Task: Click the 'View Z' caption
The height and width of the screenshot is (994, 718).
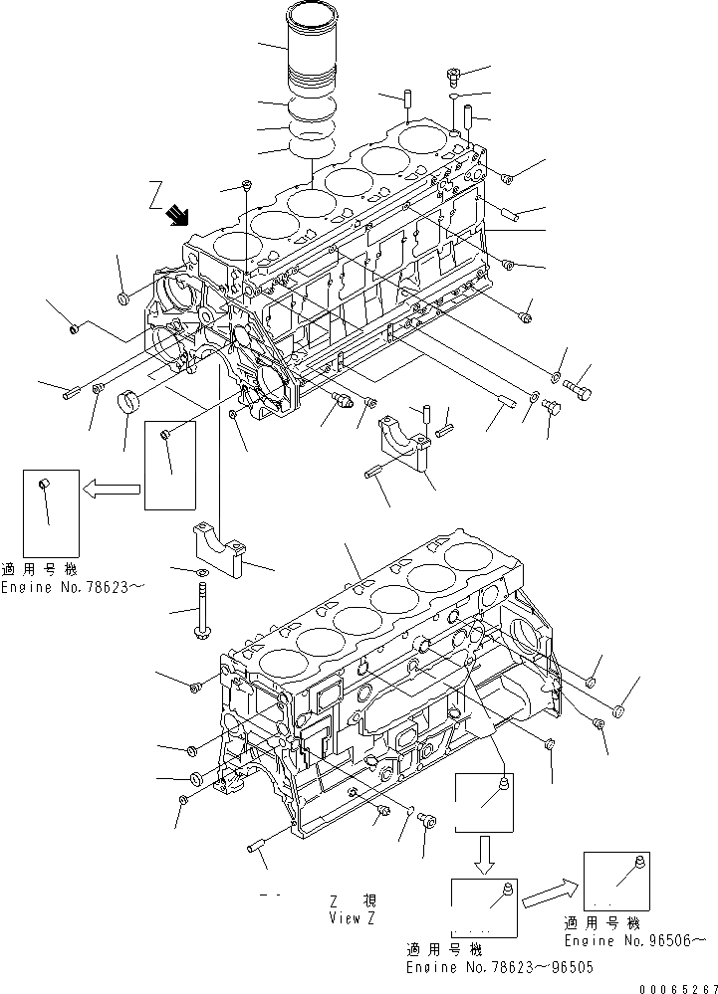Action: [x=352, y=917]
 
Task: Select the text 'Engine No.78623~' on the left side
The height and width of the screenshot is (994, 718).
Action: [x=72, y=587]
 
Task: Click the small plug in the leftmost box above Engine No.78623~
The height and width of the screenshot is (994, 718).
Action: [x=42, y=484]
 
